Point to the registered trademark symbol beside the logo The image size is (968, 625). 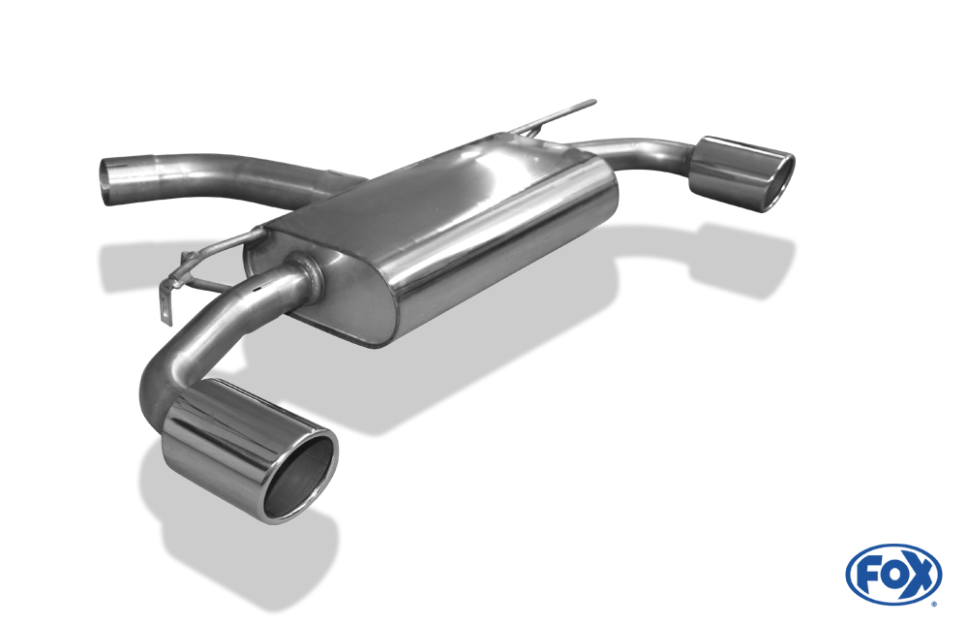coord(935,604)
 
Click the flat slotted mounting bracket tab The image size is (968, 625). coord(166,305)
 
